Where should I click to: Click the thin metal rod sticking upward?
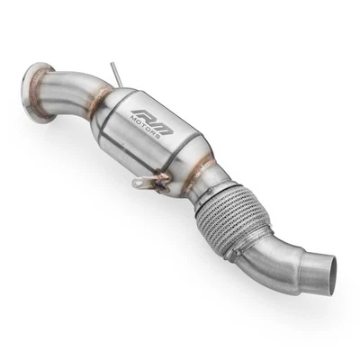(x=115, y=74)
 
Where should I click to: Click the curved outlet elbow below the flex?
(x=279, y=256)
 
